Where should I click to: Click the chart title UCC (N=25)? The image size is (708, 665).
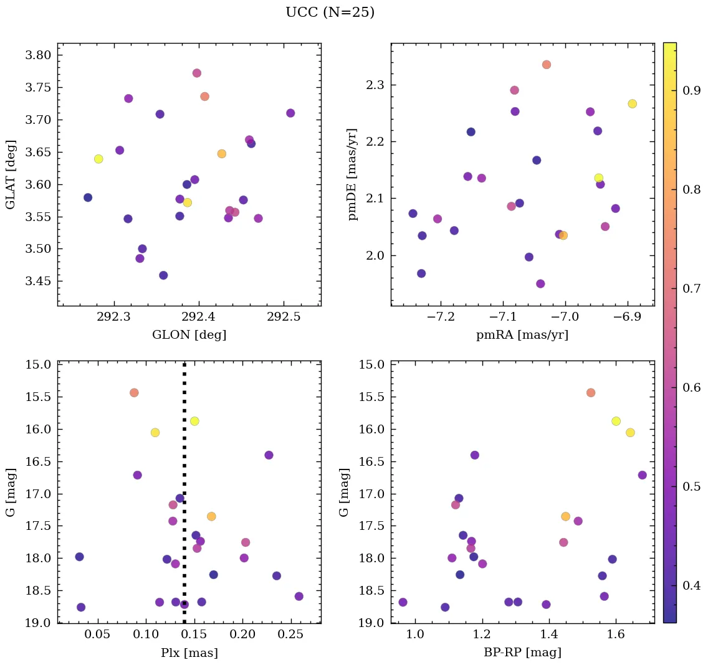330,12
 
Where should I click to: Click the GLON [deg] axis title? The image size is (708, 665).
189,335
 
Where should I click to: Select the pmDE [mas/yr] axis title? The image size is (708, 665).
353,174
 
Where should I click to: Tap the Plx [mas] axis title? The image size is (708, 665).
189,653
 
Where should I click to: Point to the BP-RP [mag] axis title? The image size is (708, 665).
522,653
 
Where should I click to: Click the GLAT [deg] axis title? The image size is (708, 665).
11,174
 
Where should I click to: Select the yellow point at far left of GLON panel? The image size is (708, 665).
98,159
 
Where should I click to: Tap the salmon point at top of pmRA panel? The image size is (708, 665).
547,65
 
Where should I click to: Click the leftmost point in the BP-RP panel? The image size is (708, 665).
403,602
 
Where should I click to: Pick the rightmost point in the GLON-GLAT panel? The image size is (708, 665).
290,113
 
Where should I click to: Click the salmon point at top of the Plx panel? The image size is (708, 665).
134,393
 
